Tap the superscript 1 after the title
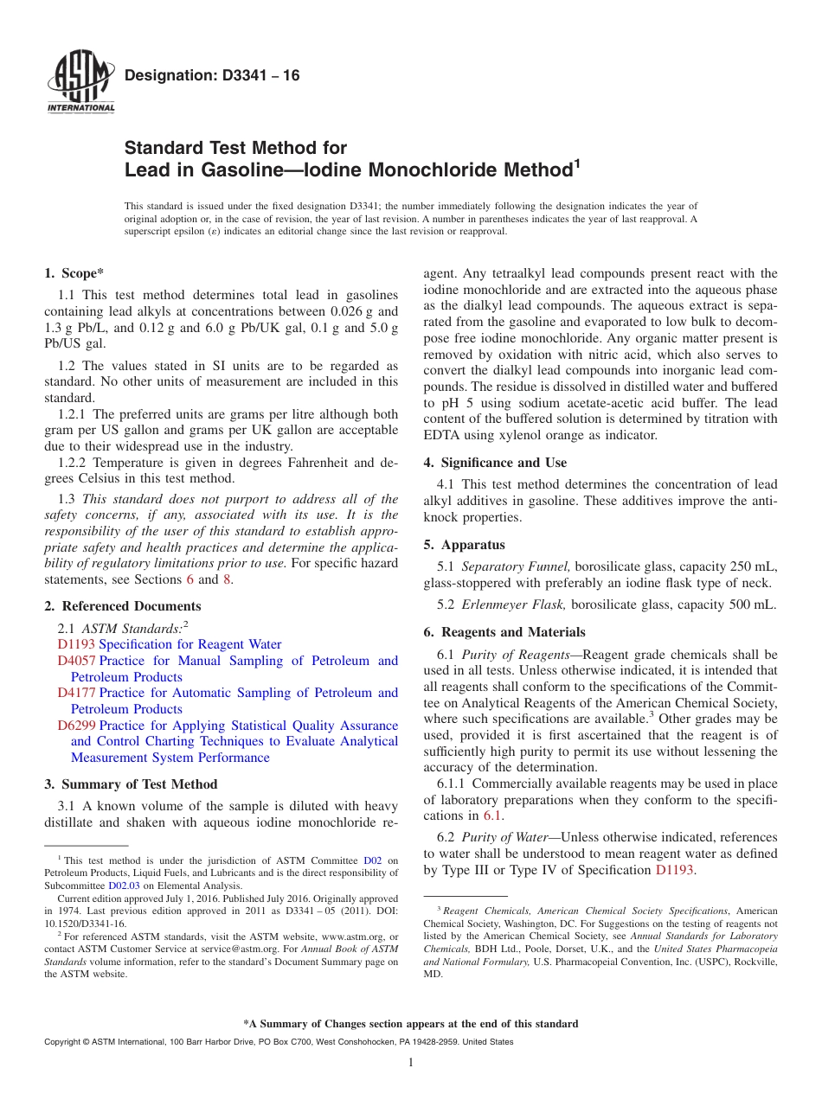click(x=576, y=163)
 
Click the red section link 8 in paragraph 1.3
click(x=228, y=580)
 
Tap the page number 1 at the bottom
click(x=411, y=1063)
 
